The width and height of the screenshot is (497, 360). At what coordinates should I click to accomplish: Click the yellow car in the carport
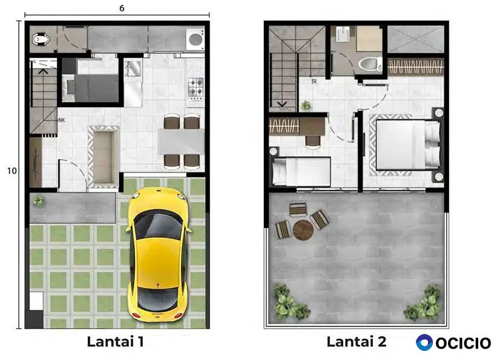(x=159, y=254)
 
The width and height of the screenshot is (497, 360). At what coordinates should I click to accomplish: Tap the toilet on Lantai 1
(x=41, y=39)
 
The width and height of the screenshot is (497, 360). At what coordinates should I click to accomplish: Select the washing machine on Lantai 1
(x=196, y=39)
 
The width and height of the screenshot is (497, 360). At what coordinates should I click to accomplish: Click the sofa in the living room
(x=104, y=157)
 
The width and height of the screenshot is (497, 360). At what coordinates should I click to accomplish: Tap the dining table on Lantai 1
(x=181, y=142)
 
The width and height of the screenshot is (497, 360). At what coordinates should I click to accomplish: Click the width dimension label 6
(x=122, y=8)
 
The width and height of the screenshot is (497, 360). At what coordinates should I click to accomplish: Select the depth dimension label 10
(x=12, y=171)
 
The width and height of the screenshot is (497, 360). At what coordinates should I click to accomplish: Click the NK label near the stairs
(x=62, y=120)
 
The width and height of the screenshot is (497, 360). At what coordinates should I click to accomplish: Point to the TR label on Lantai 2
(x=314, y=82)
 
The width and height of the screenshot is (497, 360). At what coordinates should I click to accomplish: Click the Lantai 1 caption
(x=116, y=342)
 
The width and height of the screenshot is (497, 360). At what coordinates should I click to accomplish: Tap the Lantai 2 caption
(x=357, y=342)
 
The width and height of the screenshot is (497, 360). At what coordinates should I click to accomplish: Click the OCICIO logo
(x=453, y=343)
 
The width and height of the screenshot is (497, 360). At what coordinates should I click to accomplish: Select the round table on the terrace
(x=303, y=231)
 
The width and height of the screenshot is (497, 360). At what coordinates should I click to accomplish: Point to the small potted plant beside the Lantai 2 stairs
(x=306, y=105)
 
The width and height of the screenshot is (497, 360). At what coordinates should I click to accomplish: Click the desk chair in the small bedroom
(x=313, y=142)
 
